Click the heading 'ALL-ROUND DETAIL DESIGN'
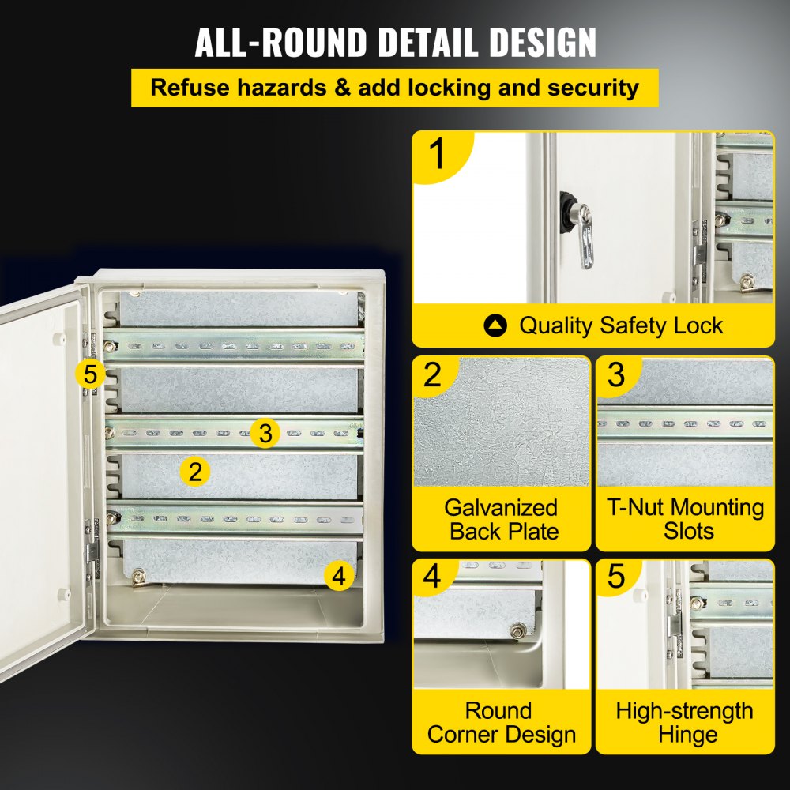[395, 43]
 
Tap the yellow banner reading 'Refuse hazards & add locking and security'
[395, 87]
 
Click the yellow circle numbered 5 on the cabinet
[91, 373]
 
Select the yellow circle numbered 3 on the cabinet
[265, 432]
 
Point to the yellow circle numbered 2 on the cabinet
[195, 472]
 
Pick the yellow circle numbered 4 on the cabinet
[339, 576]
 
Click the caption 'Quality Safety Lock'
[620, 325]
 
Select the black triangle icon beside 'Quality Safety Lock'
[496, 325]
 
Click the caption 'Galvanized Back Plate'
[501, 519]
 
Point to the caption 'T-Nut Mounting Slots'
[685, 519]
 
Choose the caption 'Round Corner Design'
[501, 722]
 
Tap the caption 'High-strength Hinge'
[685, 722]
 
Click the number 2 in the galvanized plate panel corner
[432, 374]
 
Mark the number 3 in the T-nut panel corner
[616, 374]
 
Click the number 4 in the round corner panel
[432, 577]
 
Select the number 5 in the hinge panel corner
[616, 577]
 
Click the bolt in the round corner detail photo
[519, 630]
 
